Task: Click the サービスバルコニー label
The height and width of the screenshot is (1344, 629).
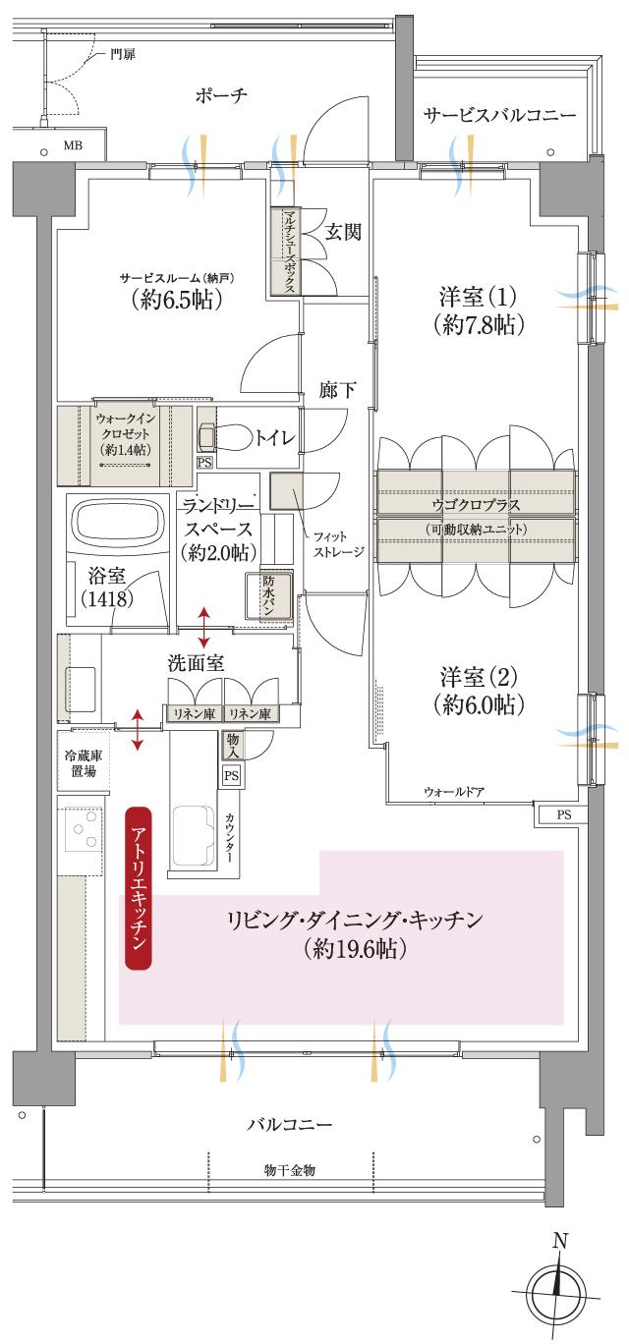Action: tap(499, 116)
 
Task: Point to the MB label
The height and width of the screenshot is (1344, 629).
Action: tap(73, 146)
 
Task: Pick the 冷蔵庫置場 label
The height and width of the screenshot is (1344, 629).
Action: tap(83, 763)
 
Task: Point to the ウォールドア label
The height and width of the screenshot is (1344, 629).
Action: tap(454, 792)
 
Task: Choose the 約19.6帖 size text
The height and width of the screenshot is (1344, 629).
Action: tap(355, 950)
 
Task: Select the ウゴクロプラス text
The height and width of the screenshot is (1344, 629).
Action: tap(477, 504)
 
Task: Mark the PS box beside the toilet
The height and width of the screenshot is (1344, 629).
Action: tap(204, 462)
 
